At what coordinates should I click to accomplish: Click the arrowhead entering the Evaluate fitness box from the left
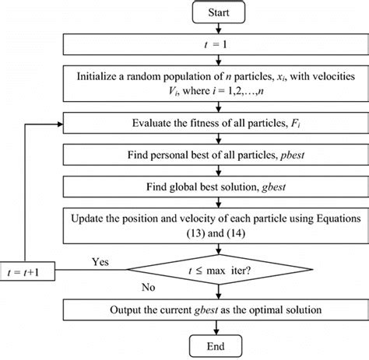point(62,122)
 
